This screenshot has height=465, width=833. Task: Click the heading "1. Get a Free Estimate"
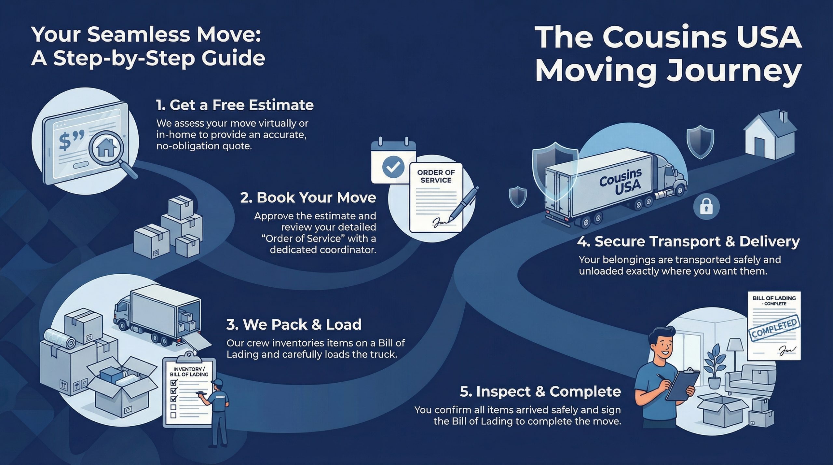(235, 105)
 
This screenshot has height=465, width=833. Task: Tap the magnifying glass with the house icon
(105, 148)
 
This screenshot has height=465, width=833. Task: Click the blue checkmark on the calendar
(393, 167)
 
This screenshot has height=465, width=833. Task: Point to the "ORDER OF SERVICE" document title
(436, 176)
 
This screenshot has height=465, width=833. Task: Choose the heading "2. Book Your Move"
(308, 198)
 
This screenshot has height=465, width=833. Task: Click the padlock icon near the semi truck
(706, 207)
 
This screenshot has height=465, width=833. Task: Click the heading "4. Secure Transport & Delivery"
(688, 241)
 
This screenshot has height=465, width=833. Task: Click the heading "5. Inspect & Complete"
(540, 391)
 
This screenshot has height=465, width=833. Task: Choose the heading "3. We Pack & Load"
(294, 324)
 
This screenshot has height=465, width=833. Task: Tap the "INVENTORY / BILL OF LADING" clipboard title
(189, 372)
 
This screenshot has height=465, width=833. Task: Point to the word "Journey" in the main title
(733, 71)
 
